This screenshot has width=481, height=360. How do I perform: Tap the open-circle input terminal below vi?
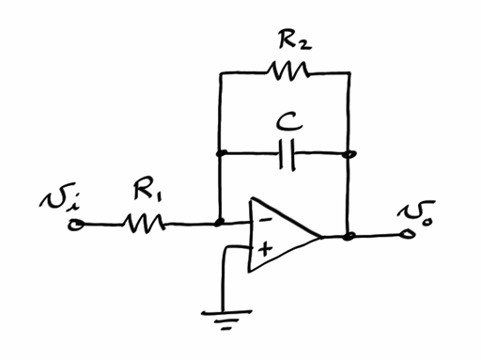(x=78, y=225)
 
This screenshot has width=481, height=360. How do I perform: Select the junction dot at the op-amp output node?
(x=349, y=236)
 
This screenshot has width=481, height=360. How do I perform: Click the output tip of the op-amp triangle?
(x=323, y=236)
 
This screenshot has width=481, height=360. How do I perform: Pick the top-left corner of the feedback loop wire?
(x=219, y=71)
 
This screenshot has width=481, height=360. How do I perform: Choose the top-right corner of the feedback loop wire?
(x=349, y=71)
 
